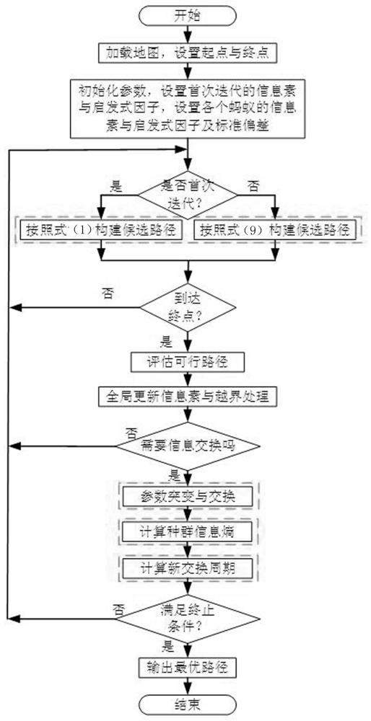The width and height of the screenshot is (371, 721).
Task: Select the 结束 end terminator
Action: pyautogui.click(x=188, y=704)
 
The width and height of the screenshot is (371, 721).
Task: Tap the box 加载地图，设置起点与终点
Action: pyautogui.click(x=188, y=54)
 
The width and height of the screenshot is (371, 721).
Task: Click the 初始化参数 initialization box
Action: pyautogui.click(x=188, y=107)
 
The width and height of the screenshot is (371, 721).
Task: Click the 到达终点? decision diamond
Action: pyautogui.click(x=188, y=308)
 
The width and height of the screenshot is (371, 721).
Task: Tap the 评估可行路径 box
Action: pyautogui.click(x=188, y=363)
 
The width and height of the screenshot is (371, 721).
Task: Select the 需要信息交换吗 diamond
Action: pyautogui.click(x=188, y=446)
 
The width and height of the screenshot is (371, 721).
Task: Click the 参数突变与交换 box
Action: pyautogui.click(x=188, y=496)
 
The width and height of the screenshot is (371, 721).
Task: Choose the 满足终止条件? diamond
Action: pyautogui.click(x=188, y=619)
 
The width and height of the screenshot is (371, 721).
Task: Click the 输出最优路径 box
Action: pyautogui.click(x=188, y=665)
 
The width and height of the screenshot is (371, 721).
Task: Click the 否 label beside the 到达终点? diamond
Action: pyautogui.click(x=109, y=293)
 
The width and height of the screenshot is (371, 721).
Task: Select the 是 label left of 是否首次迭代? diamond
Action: pyautogui.click(x=114, y=185)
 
